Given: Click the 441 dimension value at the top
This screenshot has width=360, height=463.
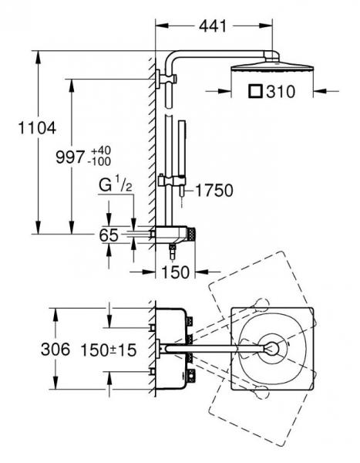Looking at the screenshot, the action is (x=213, y=26).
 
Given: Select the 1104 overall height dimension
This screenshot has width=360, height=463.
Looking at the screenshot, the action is (x=37, y=128).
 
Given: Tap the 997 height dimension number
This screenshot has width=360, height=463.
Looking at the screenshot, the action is (x=70, y=157).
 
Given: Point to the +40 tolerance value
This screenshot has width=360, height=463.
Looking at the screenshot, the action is (x=101, y=150).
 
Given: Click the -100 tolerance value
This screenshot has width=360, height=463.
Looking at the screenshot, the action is (x=101, y=161).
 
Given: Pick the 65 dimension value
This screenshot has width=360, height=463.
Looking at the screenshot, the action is (x=109, y=235).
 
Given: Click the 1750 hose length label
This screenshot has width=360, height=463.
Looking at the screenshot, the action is (x=214, y=191).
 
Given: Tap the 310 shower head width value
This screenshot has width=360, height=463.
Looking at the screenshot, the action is (x=281, y=92).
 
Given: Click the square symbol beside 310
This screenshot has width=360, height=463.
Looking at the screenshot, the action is (x=255, y=91).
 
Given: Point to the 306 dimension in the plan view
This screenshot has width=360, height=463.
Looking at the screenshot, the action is (x=56, y=350).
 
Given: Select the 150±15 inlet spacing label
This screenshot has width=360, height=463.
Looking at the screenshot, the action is (x=109, y=350).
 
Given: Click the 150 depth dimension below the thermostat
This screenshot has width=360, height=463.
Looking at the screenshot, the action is (x=175, y=272).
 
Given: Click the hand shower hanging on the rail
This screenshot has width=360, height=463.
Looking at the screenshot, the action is (x=182, y=160).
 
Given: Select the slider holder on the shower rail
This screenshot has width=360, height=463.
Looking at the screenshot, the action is (x=172, y=181).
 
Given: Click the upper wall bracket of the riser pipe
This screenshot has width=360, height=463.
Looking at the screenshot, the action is (x=167, y=79).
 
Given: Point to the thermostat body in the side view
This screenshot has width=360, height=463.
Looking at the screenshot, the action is (x=171, y=235).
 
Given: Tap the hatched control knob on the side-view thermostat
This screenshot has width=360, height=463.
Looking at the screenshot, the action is (x=192, y=234).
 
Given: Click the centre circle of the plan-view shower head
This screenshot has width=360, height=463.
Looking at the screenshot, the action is (x=272, y=349).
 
